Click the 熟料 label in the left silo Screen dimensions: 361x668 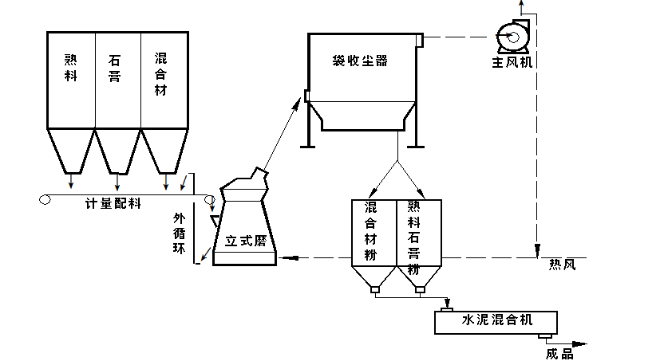[x=71, y=71]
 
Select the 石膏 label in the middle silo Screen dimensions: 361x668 [x=117, y=71]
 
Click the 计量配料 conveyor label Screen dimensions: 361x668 [x=113, y=203]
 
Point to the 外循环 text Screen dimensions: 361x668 [x=180, y=232]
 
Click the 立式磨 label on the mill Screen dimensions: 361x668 [x=245, y=240]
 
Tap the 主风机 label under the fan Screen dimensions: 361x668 [x=512, y=61]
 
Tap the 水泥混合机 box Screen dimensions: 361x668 [x=496, y=321]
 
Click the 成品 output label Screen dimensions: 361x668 [x=559, y=354]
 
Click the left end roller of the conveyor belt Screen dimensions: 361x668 [x=45, y=200]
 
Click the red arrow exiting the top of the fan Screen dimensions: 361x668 [x=521, y=8]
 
